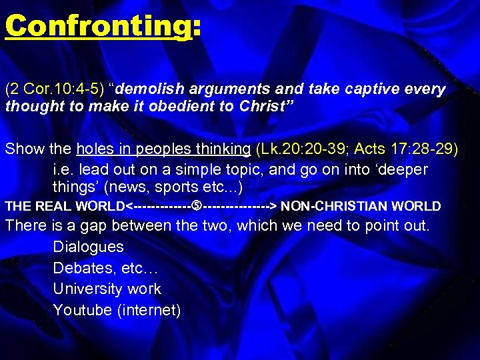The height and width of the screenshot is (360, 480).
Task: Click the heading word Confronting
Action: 97,27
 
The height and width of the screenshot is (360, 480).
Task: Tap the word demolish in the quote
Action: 154,89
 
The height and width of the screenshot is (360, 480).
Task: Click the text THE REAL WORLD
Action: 65,206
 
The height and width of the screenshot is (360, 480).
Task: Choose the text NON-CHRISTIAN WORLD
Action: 361,206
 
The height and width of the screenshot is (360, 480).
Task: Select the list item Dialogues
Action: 88,247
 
